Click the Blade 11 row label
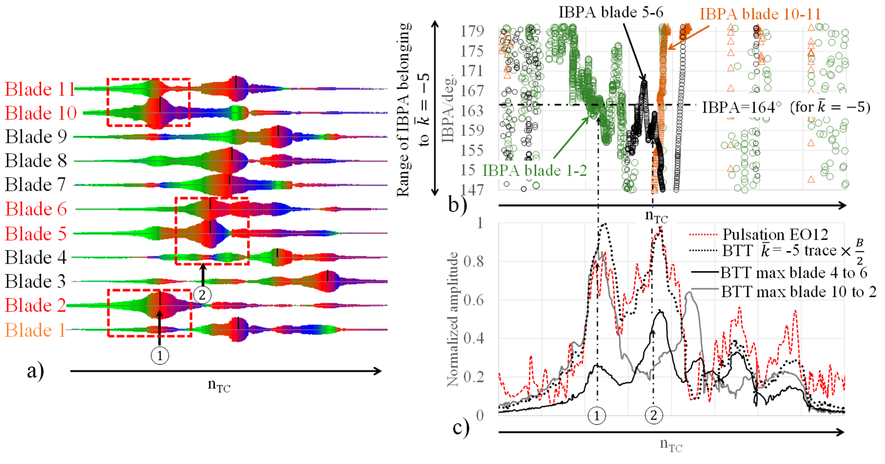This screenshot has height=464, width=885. [x=40, y=89]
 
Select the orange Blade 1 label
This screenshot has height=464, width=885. [x=35, y=330]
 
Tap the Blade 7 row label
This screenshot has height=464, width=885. [x=35, y=185]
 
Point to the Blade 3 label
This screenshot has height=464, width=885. [x=35, y=281]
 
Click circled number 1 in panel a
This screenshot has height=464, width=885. [x=160, y=356]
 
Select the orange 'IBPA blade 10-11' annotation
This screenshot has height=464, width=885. [x=760, y=14]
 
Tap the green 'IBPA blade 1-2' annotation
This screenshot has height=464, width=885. [x=535, y=171]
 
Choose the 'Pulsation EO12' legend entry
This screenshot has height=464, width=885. [x=775, y=235]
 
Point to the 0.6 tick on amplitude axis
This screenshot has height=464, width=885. [x=473, y=300]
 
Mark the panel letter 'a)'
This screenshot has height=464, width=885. [x=35, y=371]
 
